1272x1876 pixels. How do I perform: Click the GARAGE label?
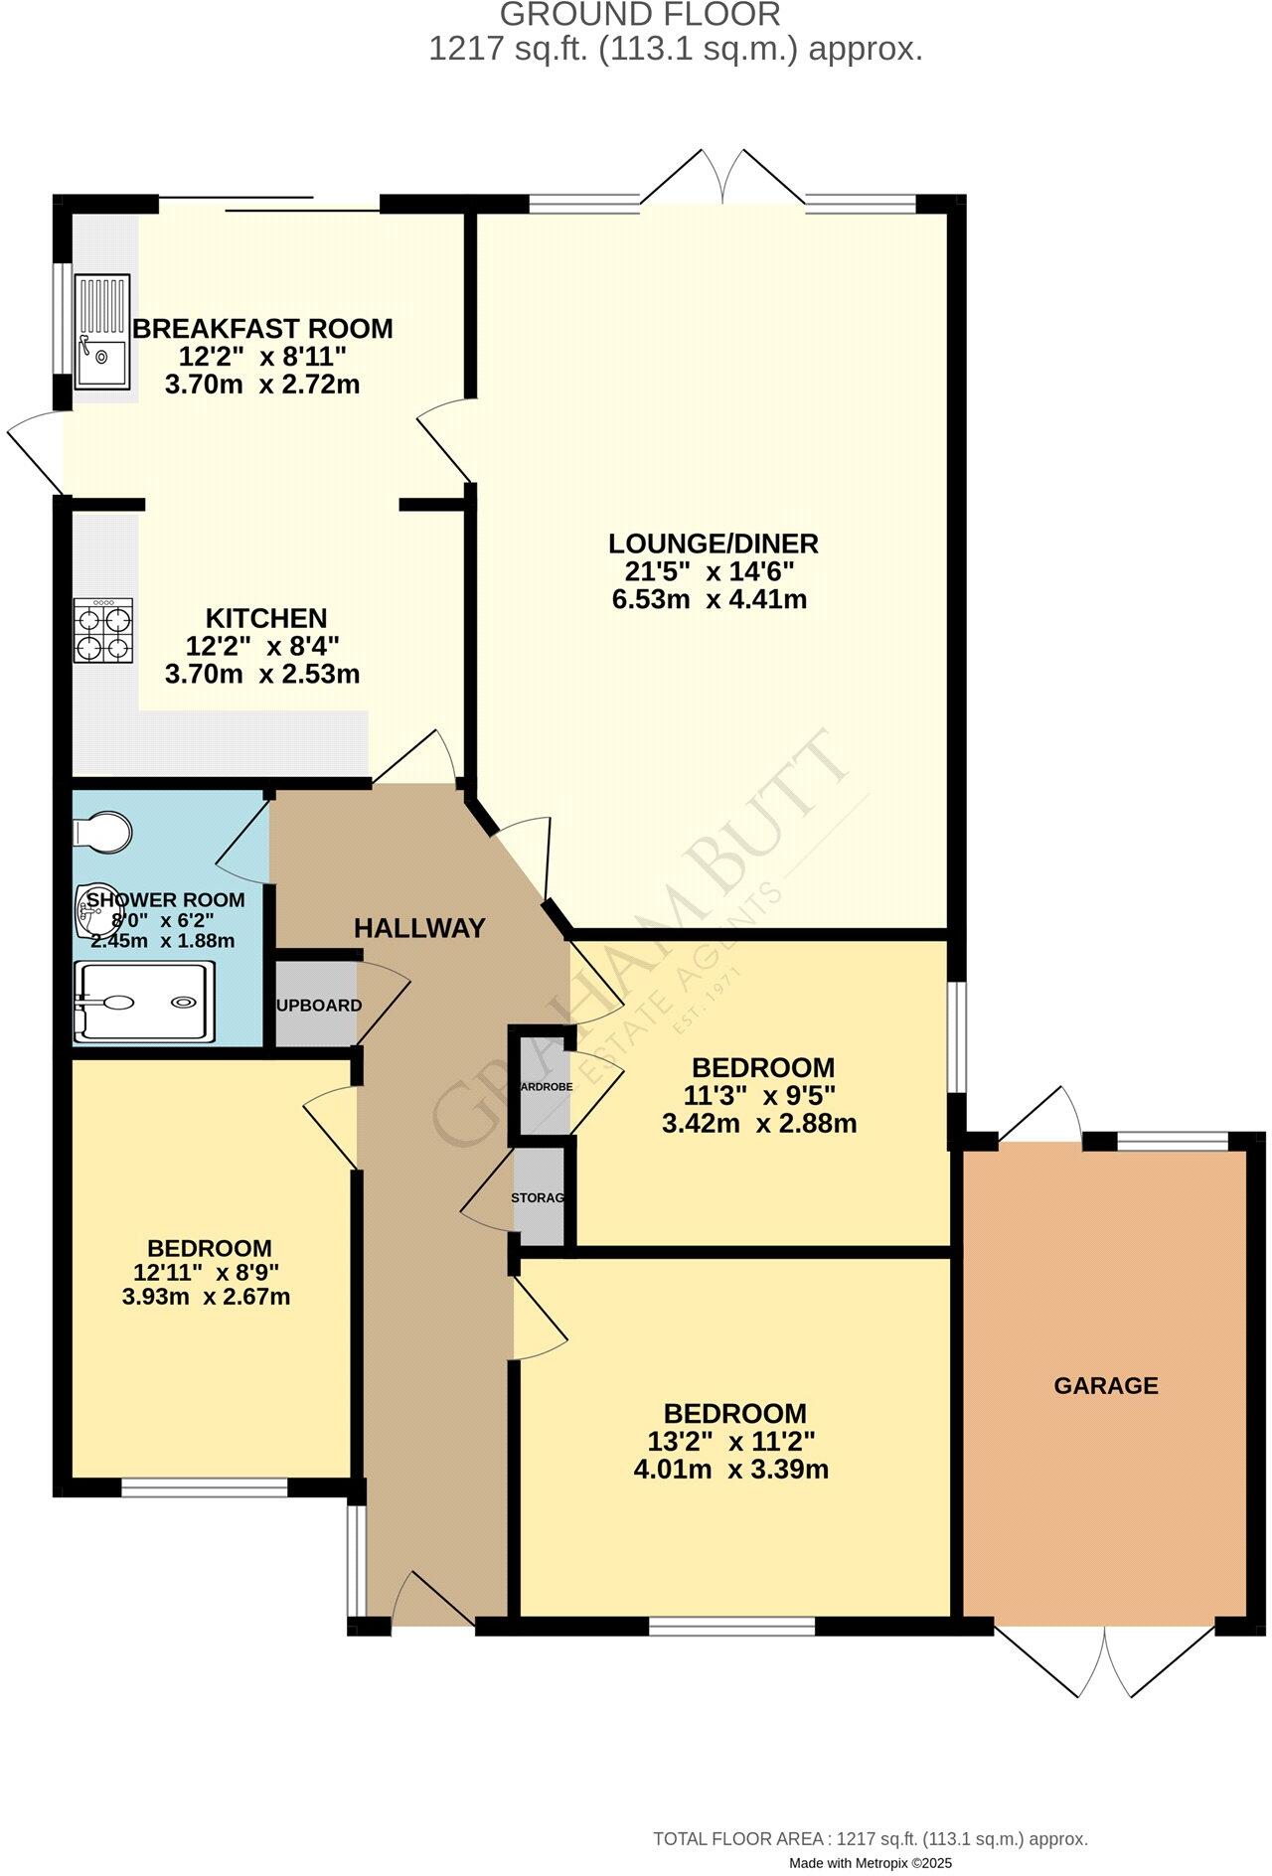[x=1105, y=1385]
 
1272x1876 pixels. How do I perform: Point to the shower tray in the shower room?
[x=143, y=1002]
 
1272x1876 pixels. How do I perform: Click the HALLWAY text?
[x=419, y=928]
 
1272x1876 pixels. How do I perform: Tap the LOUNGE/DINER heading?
[x=713, y=544]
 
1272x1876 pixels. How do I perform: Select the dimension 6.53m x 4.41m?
[x=713, y=599]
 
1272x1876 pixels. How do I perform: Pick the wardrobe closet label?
[x=545, y=1086]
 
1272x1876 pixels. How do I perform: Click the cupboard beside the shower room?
[x=317, y=1005]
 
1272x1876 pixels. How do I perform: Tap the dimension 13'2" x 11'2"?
[x=730, y=1441]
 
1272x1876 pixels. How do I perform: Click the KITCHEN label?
[x=265, y=618]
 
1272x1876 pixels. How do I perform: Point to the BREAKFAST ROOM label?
[x=262, y=328]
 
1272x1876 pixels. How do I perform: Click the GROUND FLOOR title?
[x=639, y=15]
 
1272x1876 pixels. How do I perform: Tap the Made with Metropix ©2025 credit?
[x=871, y=1863]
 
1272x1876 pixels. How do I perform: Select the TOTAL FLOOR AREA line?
[x=870, y=1839]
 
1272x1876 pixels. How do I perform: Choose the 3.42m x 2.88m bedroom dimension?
[x=758, y=1124]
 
